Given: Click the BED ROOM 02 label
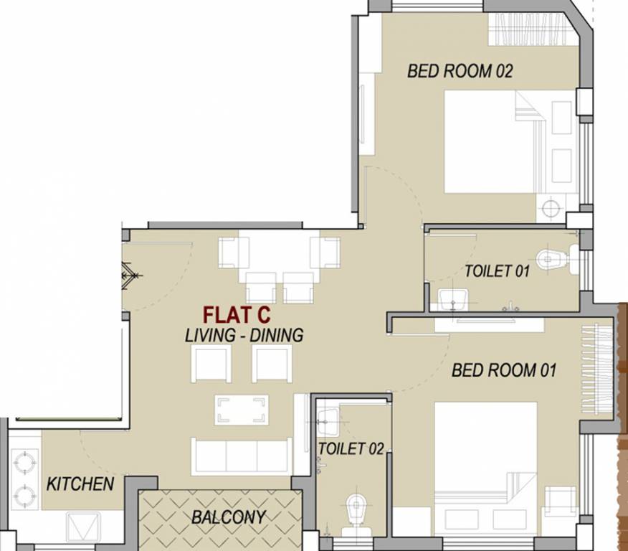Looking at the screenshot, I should coord(460,71).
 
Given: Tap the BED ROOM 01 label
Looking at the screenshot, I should coord(504,370).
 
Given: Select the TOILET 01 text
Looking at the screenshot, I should coord(497,271).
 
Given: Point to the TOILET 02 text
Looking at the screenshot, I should coord(351,449).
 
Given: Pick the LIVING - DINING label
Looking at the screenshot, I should coord(244,335).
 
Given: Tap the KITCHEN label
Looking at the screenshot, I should coord(80,484).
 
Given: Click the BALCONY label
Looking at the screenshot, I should coord(229,517).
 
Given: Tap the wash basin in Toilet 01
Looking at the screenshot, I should coord(453,297).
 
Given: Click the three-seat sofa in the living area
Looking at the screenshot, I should coord(241,456).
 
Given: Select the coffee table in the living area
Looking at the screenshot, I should coord(241,410).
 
